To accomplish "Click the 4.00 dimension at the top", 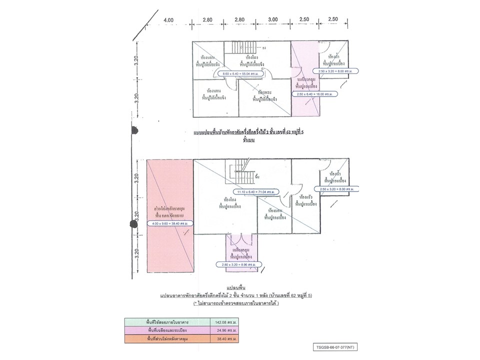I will (168, 20).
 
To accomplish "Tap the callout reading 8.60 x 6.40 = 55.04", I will (240, 74).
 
